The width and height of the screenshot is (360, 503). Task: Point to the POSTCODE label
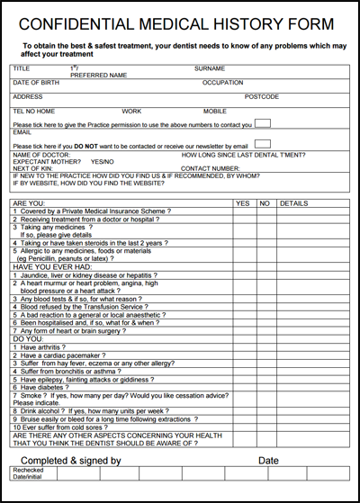(x=262, y=96)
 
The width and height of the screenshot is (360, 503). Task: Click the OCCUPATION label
(x=222, y=83)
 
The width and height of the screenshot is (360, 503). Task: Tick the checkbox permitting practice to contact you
(x=263, y=122)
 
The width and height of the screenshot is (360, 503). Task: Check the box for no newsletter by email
(x=263, y=144)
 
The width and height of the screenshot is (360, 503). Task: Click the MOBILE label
(x=215, y=111)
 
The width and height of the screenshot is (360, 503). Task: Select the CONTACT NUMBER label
(x=211, y=168)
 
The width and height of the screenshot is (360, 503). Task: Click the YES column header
(x=243, y=203)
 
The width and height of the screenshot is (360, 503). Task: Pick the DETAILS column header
(x=293, y=203)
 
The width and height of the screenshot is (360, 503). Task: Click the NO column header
(x=265, y=203)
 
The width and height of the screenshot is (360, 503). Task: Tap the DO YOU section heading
(x=28, y=338)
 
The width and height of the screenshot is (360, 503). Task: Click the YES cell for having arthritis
(x=243, y=347)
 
